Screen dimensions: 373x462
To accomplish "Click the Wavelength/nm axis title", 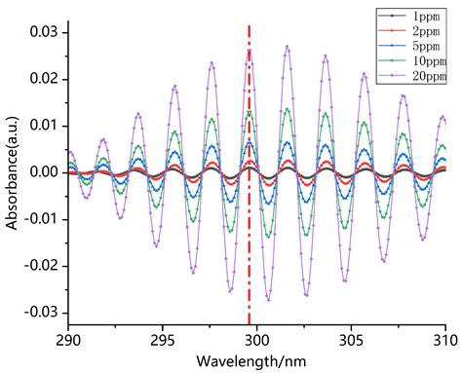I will pos(256,361).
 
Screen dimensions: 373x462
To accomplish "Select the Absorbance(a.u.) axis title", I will pos(13,172).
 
